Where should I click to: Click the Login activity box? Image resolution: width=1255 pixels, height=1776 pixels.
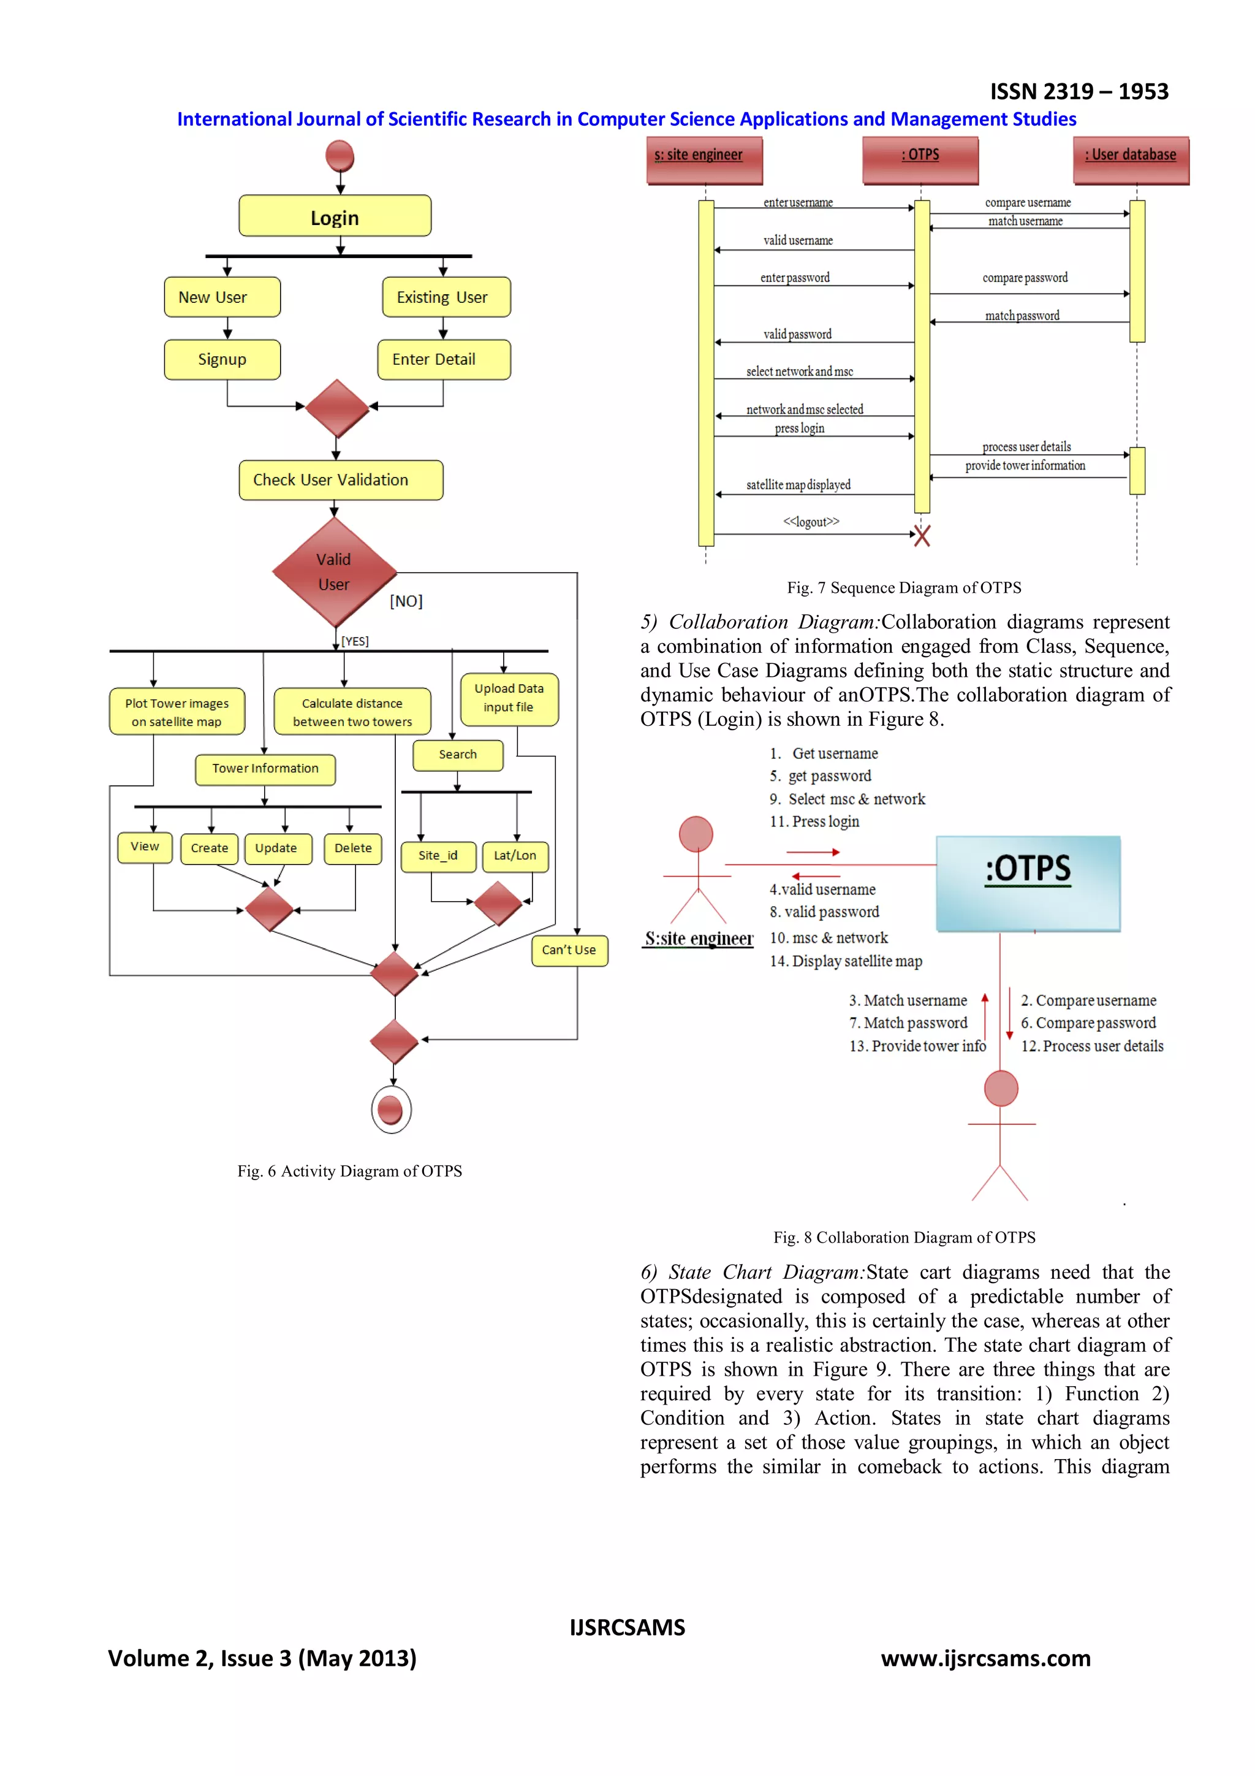[x=334, y=216]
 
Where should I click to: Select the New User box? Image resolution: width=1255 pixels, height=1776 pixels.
[x=222, y=297]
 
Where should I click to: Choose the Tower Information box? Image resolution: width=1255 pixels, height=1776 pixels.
[x=265, y=769]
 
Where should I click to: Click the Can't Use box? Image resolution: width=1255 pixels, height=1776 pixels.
[x=569, y=950]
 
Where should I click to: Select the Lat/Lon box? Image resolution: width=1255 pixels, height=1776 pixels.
[x=515, y=856]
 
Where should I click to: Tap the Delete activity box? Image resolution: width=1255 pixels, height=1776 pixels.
[x=352, y=848]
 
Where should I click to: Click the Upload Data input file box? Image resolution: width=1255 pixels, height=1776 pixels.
[x=509, y=698]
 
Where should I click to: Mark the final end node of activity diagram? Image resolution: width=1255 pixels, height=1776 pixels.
[x=392, y=1110]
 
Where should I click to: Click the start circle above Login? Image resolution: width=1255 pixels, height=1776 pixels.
[x=339, y=156]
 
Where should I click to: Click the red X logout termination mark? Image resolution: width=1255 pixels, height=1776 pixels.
[x=921, y=535]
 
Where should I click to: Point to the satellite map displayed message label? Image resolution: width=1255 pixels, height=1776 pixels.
[x=798, y=485]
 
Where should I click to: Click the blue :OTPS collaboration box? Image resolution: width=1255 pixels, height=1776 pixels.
[x=1028, y=883]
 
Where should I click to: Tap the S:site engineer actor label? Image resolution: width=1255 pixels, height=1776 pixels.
[x=698, y=939]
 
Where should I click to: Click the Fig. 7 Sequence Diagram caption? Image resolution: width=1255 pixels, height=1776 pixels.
[x=903, y=588]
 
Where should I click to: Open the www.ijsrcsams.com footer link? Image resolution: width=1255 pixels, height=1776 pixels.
[x=985, y=1658]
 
